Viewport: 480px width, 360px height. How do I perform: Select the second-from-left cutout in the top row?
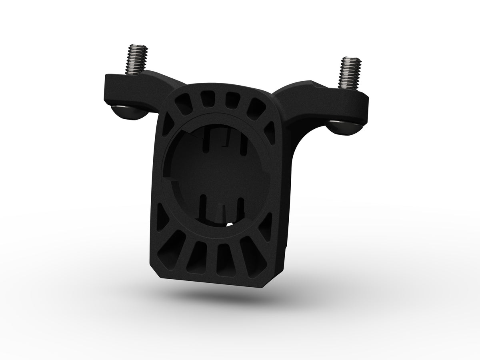coord(207,99)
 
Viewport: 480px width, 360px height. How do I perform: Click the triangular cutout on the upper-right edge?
coord(270,132)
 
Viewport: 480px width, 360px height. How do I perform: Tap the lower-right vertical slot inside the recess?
coord(241,206)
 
